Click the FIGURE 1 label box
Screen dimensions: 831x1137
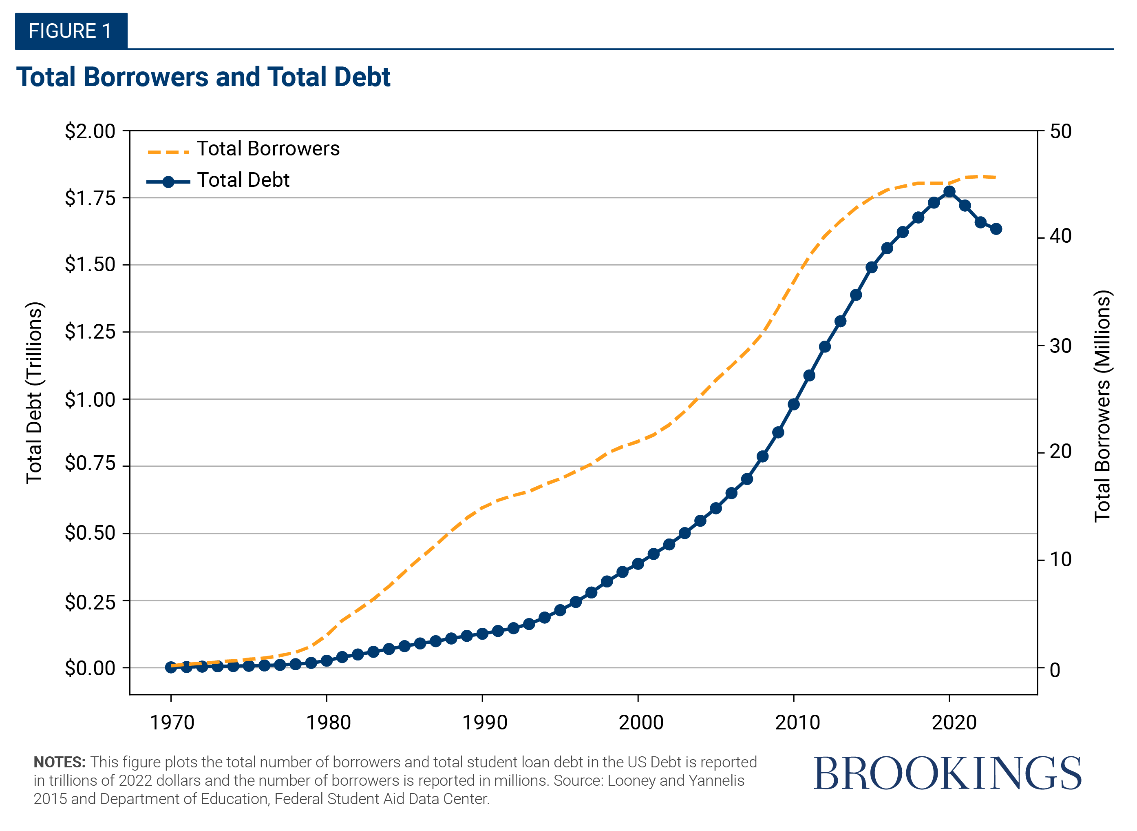[71, 31]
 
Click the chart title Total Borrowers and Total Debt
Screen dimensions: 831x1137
[203, 77]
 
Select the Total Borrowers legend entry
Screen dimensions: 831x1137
[267, 149]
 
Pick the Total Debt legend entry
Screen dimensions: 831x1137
[243, 180]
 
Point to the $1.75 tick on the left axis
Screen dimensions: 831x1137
[90, 198]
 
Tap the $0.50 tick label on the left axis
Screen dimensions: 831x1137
[90, 533]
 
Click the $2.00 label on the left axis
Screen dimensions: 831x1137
[90, 131]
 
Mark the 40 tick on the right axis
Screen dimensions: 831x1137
[1060, 236]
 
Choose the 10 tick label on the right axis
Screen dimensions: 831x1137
[1060, 559]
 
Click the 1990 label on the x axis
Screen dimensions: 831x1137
[484, 723]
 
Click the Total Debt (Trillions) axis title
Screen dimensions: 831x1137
[34, 393]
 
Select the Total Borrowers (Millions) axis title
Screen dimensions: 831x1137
[1102, 406]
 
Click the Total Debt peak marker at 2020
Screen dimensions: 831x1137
[949, 192]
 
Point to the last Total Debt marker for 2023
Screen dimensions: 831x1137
[996, 229]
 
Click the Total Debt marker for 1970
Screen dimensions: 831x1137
[171, 667]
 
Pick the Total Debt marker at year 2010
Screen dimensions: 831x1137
[794, 404]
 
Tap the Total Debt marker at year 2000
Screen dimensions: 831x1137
[638, 564]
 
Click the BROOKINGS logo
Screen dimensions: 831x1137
[947, 773]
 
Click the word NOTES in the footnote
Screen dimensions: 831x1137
[59, 762]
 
